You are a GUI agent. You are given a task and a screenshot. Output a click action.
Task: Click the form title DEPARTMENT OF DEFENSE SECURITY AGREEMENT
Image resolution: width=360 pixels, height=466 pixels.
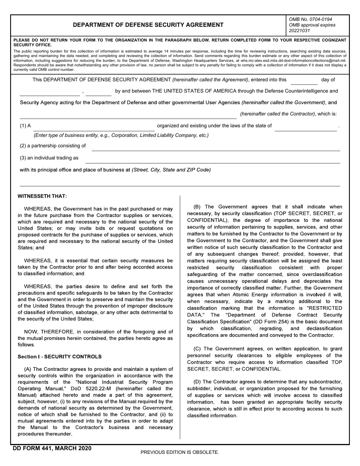(x=148, y=25)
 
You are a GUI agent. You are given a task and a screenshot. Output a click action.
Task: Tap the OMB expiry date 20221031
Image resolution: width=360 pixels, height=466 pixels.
(x=299, y=31)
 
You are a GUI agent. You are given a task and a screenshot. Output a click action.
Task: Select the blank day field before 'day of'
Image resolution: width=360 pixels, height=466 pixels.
(x=304, y=80)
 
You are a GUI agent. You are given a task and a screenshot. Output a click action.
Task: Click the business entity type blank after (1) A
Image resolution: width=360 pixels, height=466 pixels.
(x=94, y=127)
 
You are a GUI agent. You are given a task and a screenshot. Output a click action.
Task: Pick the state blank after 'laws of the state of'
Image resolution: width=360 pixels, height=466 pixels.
(x=305, y=127)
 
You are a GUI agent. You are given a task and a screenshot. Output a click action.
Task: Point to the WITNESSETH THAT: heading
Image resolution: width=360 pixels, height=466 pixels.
(x=42, y=196)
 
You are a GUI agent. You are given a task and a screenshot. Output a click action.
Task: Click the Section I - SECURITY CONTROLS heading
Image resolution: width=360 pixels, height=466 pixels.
(x=59, y=357)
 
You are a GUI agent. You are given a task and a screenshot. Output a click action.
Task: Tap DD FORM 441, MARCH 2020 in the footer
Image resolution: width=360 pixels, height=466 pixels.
(x=52, y=448)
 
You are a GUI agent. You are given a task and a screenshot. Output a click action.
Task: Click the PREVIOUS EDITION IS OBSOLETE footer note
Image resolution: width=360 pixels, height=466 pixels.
(x=180, y=452)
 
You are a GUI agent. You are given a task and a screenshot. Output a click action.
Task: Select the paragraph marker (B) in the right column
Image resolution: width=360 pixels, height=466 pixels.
(x=197, y=206)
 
